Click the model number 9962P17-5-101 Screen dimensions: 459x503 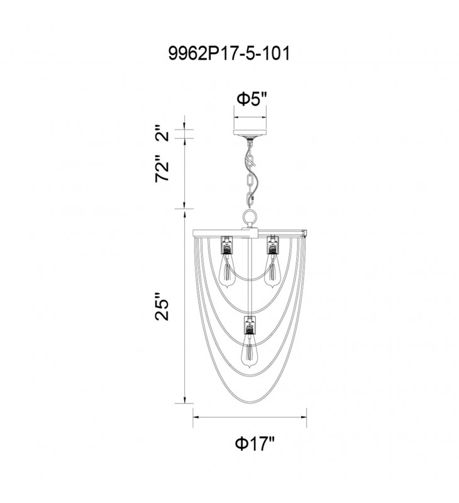pos(229,53)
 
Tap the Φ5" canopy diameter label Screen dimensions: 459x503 pos(252,99)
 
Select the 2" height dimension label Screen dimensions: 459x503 pos(162,134)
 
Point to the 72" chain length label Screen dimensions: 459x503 pos(162,172)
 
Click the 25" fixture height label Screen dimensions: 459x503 pos(162,306)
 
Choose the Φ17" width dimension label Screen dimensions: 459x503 pos(255,444)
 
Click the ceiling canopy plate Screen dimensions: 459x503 pos(250,133)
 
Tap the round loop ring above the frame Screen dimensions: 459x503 pos(250,218)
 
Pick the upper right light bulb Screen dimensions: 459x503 pos(272,270)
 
